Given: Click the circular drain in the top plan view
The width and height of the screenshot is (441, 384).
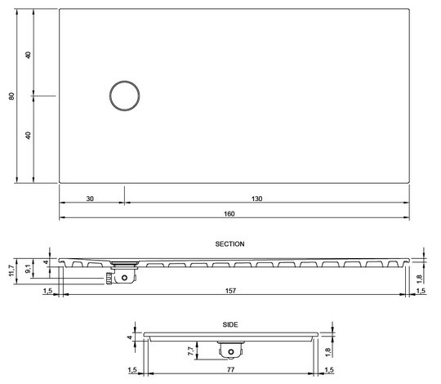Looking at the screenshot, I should [x=125, y=96].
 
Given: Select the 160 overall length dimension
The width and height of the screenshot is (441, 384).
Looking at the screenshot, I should [x=229, y=214].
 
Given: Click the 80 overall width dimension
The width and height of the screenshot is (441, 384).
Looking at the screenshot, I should [x=12, y=96].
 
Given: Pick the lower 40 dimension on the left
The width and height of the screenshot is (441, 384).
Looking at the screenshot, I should [x=28, y=136].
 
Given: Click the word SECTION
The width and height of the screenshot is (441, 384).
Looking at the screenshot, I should [x=229, y=243].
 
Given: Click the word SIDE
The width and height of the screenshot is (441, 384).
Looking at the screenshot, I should [x=229, y=324].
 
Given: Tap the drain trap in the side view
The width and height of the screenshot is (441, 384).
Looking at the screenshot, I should [x=229, y=351].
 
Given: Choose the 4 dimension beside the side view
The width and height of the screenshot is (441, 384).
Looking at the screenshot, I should [x=129, y=337].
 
